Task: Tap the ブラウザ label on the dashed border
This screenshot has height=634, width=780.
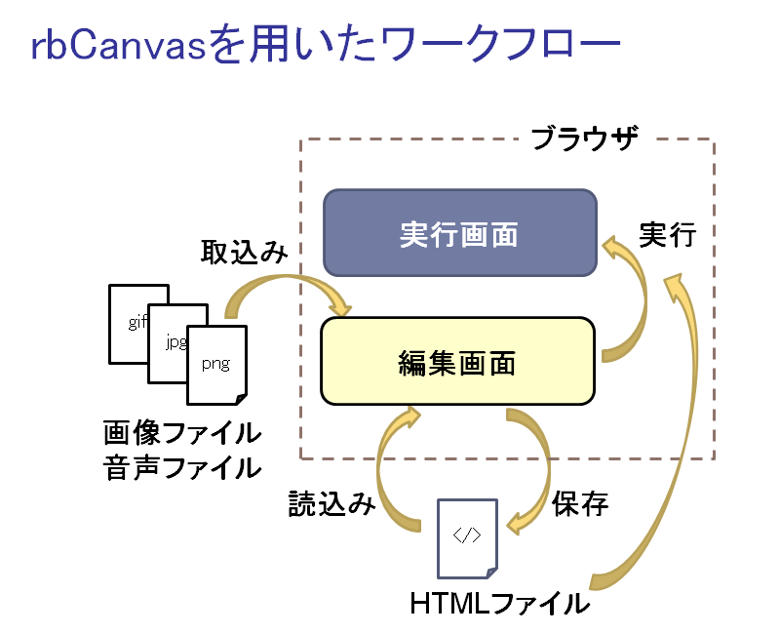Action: click(x=584, y=139)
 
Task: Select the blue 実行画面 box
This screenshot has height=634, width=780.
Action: click(x=459, y=233)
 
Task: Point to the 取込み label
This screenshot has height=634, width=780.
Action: click(x=244, y=253)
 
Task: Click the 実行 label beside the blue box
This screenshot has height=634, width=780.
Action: click(x=667, y=234)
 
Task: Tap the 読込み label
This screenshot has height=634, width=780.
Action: click(x=331, y=504)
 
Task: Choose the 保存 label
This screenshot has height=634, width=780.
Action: click(x=580, y=504)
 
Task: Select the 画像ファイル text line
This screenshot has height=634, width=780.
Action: click(x=182, y=432)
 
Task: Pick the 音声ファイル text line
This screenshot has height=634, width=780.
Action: click(x=182, y=467)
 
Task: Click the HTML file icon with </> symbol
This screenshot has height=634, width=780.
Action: click(x=467, y=536)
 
